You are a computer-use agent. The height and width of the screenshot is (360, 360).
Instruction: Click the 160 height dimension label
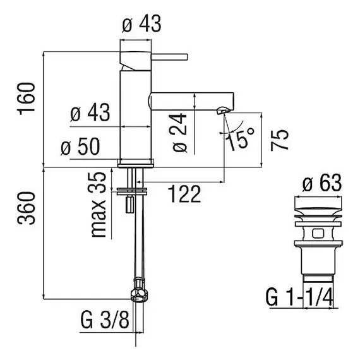[26, 99]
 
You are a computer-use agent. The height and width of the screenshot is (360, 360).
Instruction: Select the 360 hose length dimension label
[26, 208]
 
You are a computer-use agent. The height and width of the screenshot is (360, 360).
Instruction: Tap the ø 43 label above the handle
[141, 24]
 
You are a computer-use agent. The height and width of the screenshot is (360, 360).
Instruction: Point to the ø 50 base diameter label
[80, 147]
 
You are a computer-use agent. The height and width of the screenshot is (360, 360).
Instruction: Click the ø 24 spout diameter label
[180, 133]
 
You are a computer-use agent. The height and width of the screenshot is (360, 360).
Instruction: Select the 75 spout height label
[279, 140]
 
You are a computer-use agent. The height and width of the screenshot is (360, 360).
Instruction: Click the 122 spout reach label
[184, 194]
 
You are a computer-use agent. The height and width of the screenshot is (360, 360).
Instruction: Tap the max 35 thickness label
[99, 205]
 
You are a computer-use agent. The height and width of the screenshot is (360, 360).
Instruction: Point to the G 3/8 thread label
[105, 320]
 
